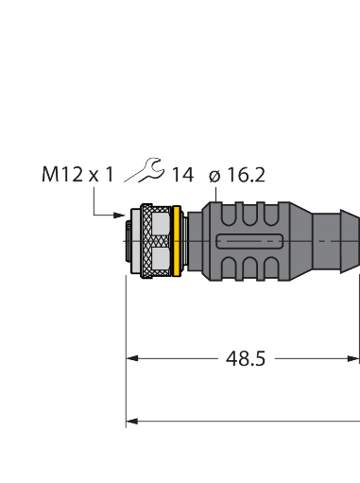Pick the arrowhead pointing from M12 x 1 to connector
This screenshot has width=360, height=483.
tap(118, 216)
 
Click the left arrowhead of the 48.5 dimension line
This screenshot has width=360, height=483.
tap(133, 359)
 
